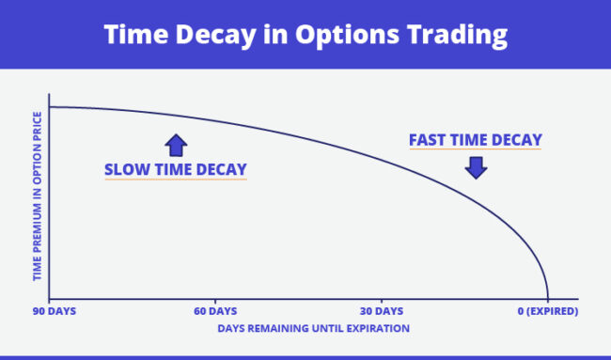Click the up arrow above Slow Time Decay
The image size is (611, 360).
click(x=176, y=145)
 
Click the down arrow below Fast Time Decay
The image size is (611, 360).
click(x=476, y=167)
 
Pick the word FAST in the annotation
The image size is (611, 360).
click(x=429, y=141)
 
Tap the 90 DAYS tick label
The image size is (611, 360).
click(x=53, y=311)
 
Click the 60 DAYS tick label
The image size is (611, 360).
click(x=216, y=311)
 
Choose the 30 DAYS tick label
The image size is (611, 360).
click(x=382, y=311)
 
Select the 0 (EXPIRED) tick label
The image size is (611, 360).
click(x=547, y=311)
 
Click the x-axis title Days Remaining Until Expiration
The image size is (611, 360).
click(x=300, y=329)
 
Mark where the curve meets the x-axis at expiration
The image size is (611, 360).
click(x=547, y=299)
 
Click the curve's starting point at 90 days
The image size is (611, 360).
click(x=52, y=107)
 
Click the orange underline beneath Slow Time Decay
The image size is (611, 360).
click(x=176, y=180)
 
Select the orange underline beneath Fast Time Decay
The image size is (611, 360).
click(x=476, y=151)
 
